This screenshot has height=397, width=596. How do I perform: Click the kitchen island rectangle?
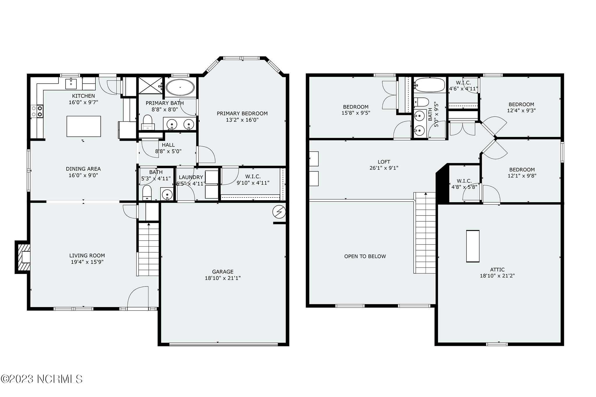[84, 126]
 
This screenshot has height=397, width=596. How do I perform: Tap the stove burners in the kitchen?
[37, 111]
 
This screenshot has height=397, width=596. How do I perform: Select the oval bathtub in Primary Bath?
[180, 87]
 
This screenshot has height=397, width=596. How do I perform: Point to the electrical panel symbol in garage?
[279, 212]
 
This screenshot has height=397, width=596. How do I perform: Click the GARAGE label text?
[223, 272]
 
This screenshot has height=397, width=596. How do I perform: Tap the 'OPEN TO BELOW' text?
[365, 256]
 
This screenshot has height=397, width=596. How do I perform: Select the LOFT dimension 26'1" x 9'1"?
[384, 168]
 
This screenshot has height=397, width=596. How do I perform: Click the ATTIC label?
[497, 270]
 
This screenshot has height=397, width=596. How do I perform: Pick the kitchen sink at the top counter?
[71, 83]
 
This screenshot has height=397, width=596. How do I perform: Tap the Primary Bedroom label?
[242, 113]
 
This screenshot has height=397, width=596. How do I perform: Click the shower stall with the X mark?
[150, 86]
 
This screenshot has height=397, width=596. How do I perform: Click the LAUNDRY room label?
[191, 177]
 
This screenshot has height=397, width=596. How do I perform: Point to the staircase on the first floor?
[148, 249]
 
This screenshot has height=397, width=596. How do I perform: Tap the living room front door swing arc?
[138, 297]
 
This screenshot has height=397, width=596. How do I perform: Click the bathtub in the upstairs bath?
[430, 85]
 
